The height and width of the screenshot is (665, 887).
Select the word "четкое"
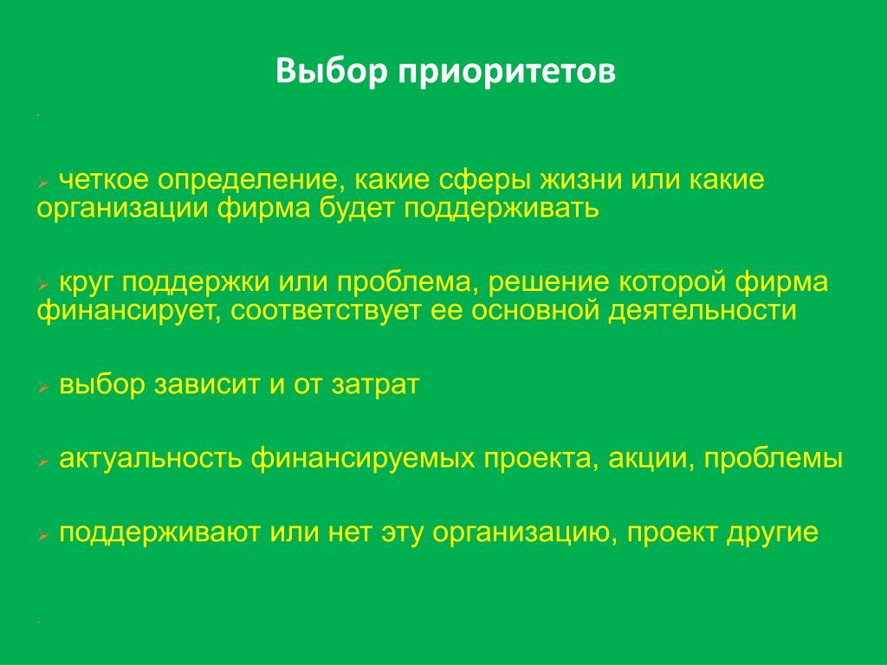click(x=104, y=180)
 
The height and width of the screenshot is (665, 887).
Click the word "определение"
click(x=251, y=181)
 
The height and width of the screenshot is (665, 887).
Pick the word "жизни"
click(x=581, y=180)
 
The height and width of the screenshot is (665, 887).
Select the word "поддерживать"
click(x=501, y=209)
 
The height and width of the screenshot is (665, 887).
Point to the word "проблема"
click(x=404, y=283)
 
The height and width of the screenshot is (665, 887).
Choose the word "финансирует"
click(x=129, y=312)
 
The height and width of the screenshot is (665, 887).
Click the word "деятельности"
click(x=702, y=311)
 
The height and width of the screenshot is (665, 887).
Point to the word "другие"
click(x=772, y=533)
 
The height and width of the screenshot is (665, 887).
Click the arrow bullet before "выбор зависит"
click(x=43, y=387)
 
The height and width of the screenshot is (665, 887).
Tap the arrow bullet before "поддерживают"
click(x=43, y=535)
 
